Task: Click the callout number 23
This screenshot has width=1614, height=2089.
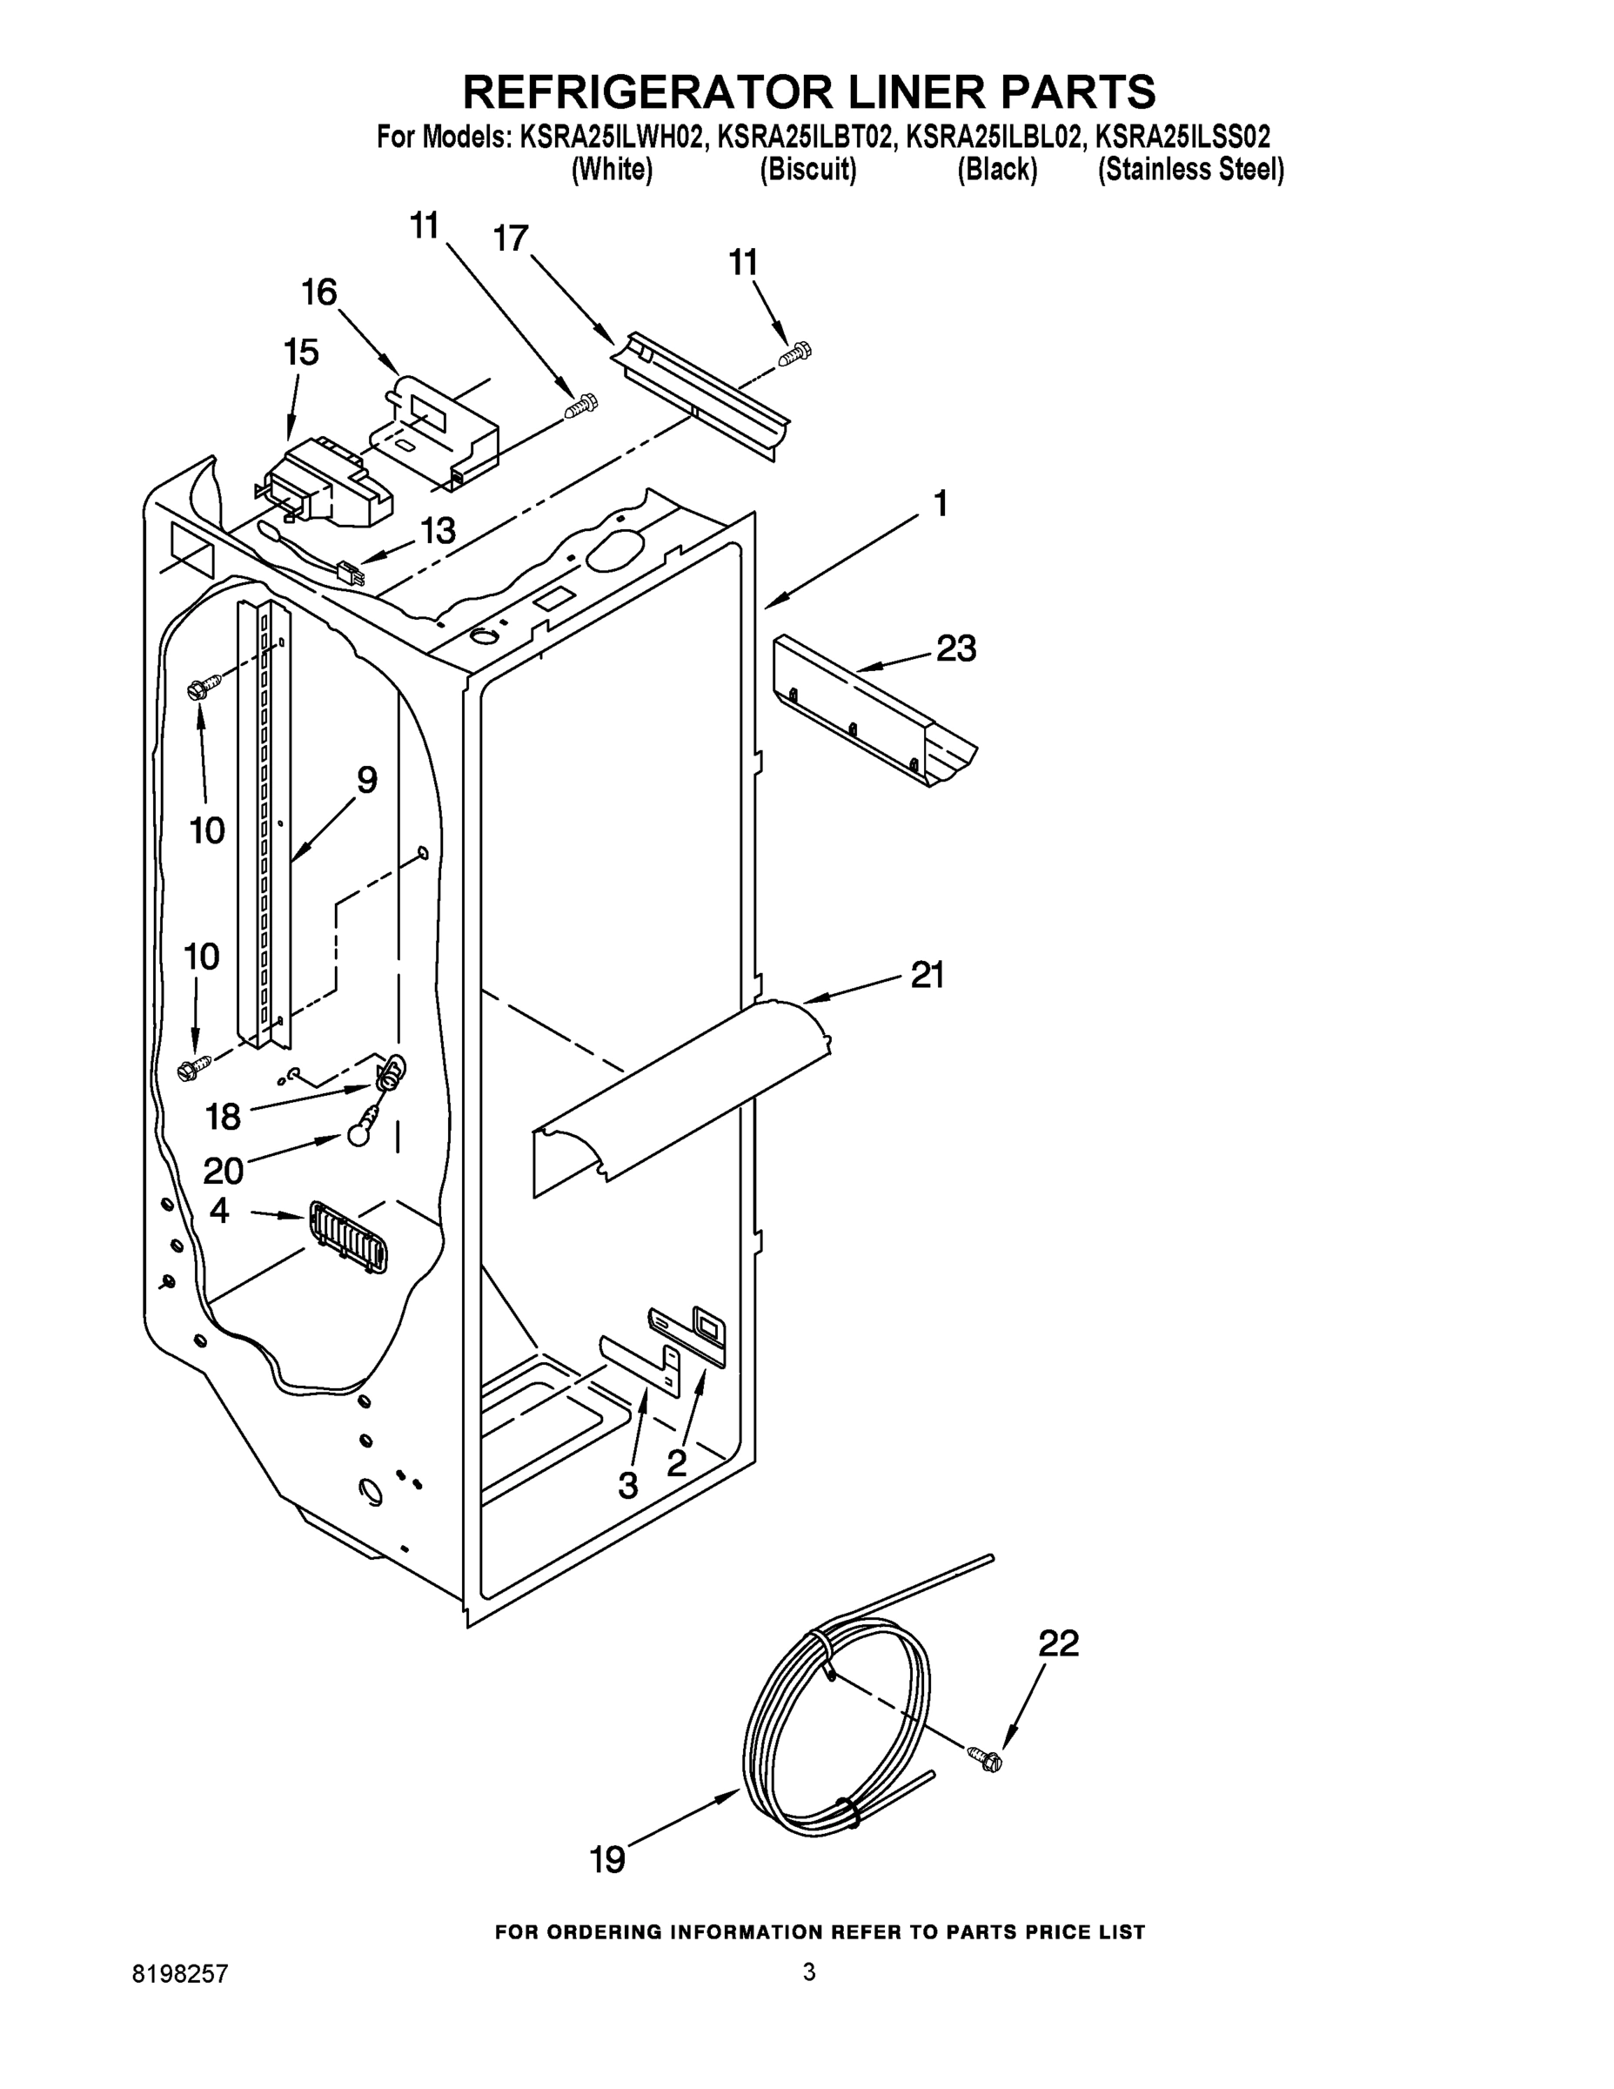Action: click(x=955, y=649)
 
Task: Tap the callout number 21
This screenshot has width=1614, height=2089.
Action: click(x=927, y=975)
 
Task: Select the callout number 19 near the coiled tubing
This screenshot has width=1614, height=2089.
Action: click(x=607, y=1860)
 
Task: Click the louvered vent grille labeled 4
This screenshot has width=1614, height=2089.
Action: click(x=349, y=1238)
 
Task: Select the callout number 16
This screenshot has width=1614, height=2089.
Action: click(x=318, y=292)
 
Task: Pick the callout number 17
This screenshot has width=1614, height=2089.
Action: click(x=511, y=238)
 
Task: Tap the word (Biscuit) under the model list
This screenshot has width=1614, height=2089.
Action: click(x=808, y=171)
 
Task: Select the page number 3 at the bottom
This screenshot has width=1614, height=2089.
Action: click(x=809, y=1971)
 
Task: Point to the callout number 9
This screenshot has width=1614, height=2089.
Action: click(x=366, y=780)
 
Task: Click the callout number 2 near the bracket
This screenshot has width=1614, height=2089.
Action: click(x=676, y=1462)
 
